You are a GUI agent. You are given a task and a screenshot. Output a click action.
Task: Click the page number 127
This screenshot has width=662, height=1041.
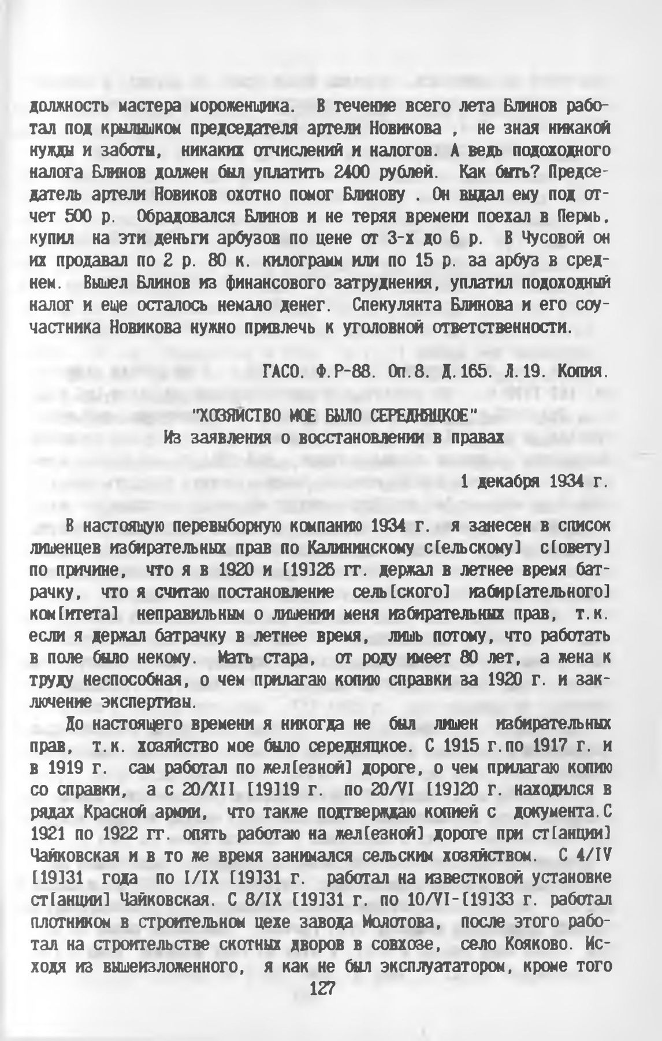pos(323,989)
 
